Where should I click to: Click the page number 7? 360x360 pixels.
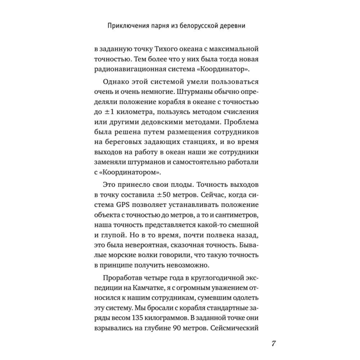coord(273,342)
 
